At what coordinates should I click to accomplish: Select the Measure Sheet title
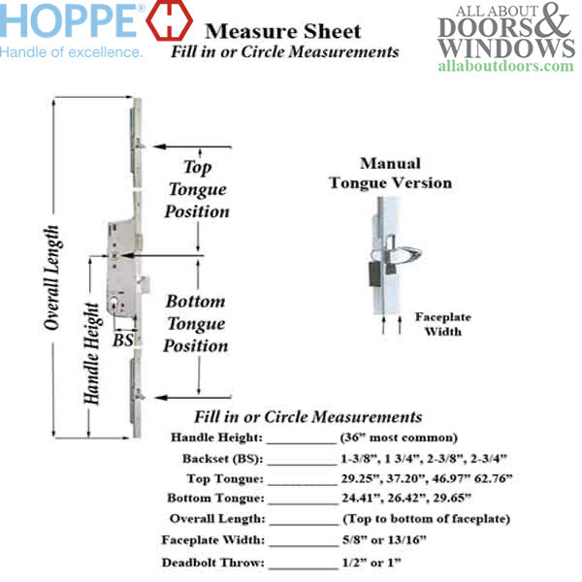coord(283,32)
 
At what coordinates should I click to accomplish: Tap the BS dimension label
coord(123,340)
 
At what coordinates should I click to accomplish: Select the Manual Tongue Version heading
coord(390,174)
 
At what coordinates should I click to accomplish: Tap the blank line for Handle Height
coord(301,441)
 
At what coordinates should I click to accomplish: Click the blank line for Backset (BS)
coord(301,462)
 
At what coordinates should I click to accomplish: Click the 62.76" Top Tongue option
coord(489,478)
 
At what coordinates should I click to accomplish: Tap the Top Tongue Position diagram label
coord(197,189)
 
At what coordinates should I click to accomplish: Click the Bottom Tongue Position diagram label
coord(196,323)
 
